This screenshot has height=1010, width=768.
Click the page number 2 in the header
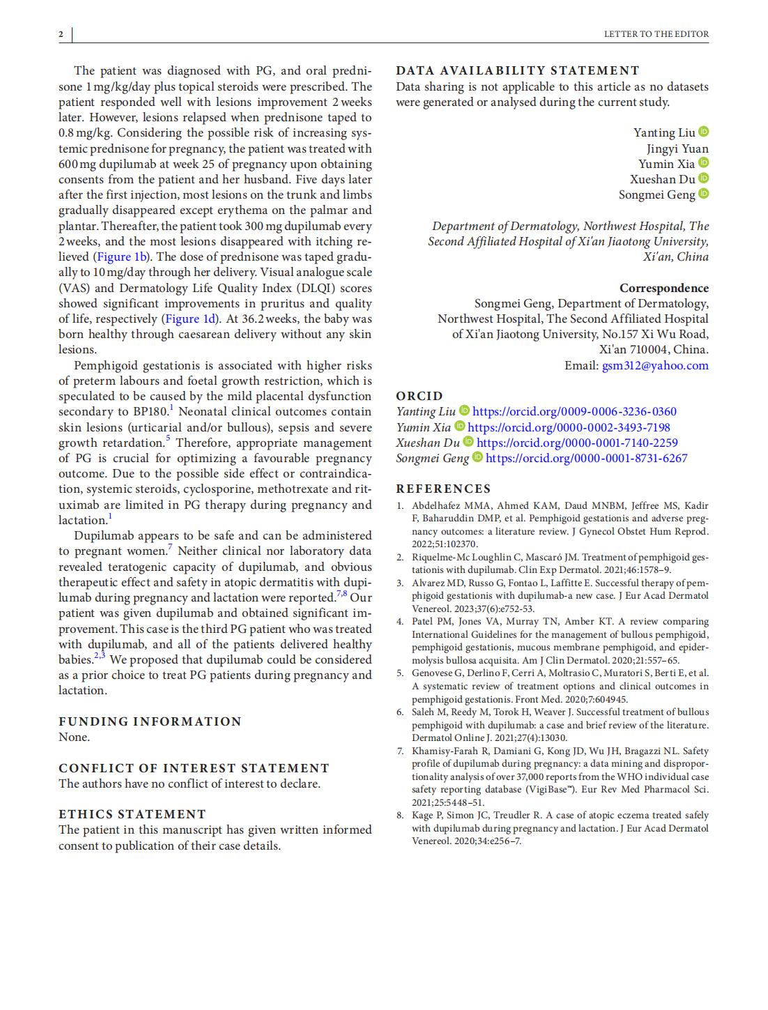point(61,34)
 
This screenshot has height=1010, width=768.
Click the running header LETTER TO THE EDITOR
point(656,34)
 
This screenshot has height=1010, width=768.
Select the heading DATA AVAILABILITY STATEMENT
point(517,70)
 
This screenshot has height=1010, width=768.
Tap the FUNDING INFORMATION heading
point(150,721)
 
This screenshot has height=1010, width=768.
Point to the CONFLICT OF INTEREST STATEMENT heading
point(194,768)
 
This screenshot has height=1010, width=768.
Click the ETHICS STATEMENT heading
point(132,814)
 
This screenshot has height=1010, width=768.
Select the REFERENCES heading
point(443,489)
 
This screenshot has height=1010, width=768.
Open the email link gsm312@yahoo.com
point(655,365)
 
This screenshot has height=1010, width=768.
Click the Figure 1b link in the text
point(121,257)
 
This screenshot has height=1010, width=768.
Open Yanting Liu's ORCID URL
point(574,412)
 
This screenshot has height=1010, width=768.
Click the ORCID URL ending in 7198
point(569,427)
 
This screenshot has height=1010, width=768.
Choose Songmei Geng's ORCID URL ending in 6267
point(586,458)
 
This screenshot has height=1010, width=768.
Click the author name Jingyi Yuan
point(677,148)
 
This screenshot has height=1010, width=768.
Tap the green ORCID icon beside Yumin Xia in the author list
point(703,163)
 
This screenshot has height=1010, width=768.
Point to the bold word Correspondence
point(663,288)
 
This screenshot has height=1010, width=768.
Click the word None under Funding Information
point(74,737)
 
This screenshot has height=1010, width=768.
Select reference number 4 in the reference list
point(400,622)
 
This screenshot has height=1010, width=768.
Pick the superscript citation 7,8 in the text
point(341,594)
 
